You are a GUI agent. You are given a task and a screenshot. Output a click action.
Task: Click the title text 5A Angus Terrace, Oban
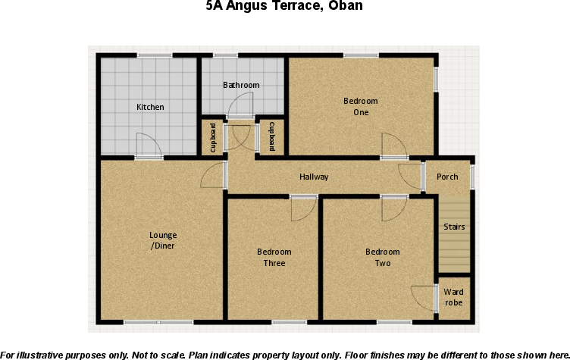point(284,7)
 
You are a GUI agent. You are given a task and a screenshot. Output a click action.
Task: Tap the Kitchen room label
point(150,107)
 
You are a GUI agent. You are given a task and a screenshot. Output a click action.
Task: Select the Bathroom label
point(241,86)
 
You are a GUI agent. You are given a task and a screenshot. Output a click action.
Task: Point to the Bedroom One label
point(360,107)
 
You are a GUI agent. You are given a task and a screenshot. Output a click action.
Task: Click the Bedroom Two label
point(382,258)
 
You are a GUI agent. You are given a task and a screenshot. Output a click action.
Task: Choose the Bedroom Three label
point(274,258)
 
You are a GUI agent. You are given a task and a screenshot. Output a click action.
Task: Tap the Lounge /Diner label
point(162,240)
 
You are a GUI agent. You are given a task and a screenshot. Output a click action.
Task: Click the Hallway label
point(314,177)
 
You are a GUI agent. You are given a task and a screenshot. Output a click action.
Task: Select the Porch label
point(447,177)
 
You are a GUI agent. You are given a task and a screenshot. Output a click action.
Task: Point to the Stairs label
point(454,227)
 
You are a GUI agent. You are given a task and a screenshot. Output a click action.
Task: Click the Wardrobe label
point(454,297)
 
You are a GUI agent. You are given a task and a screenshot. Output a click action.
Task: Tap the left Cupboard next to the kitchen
point(214,138)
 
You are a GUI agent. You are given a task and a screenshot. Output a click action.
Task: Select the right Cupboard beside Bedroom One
point(271,138)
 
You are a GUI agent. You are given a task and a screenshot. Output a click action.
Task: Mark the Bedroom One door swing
point(393,145)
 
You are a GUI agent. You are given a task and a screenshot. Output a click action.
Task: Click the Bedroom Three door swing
point(302,209)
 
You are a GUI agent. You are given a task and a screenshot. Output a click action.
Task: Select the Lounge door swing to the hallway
point(213,177)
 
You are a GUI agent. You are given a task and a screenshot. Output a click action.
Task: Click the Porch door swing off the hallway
point(411,177)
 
